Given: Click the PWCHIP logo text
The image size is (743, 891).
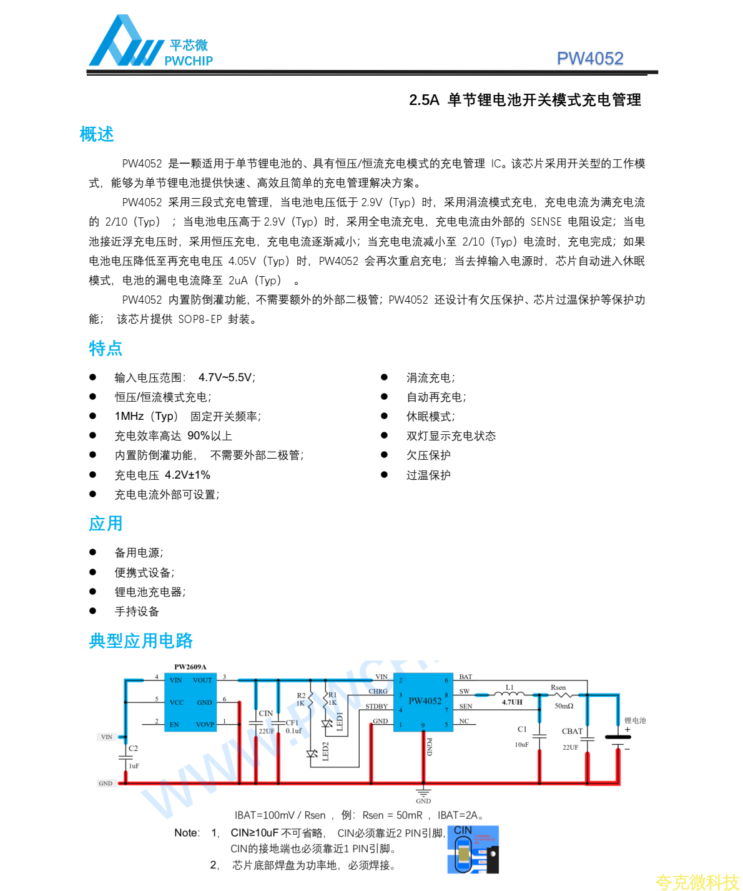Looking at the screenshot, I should point(189,61).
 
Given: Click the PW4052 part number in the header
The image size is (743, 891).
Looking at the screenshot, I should point(590,59).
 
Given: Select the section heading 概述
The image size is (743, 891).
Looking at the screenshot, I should point(97,134).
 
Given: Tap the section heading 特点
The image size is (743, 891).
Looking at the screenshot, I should point(106,348).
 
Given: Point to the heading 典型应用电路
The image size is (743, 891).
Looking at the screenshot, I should point(141,640).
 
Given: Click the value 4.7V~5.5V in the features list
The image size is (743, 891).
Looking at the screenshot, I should point(226,377).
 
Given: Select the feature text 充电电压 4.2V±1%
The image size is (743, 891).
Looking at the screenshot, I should point(162,475).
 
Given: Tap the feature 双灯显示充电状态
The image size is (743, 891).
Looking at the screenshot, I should point(451,436).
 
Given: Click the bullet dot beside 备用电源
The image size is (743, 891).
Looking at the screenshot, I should point(93,552).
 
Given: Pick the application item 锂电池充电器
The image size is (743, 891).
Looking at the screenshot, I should point(150,592).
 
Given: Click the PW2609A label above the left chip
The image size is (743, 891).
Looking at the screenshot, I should point(190,667).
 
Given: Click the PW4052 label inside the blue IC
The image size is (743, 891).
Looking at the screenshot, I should point(425,700).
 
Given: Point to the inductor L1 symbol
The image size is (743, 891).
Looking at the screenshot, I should point(509,694).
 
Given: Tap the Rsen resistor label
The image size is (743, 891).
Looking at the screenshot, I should point(558,687).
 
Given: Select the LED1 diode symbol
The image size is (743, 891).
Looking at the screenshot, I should point(327,724).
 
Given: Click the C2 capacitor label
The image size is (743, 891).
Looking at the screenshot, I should point(133,748).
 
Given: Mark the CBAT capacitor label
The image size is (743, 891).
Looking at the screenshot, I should point(572,731).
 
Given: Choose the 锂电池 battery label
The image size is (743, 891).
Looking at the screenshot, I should point(635,720).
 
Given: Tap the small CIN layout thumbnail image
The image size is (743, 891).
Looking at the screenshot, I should point(473,850).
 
